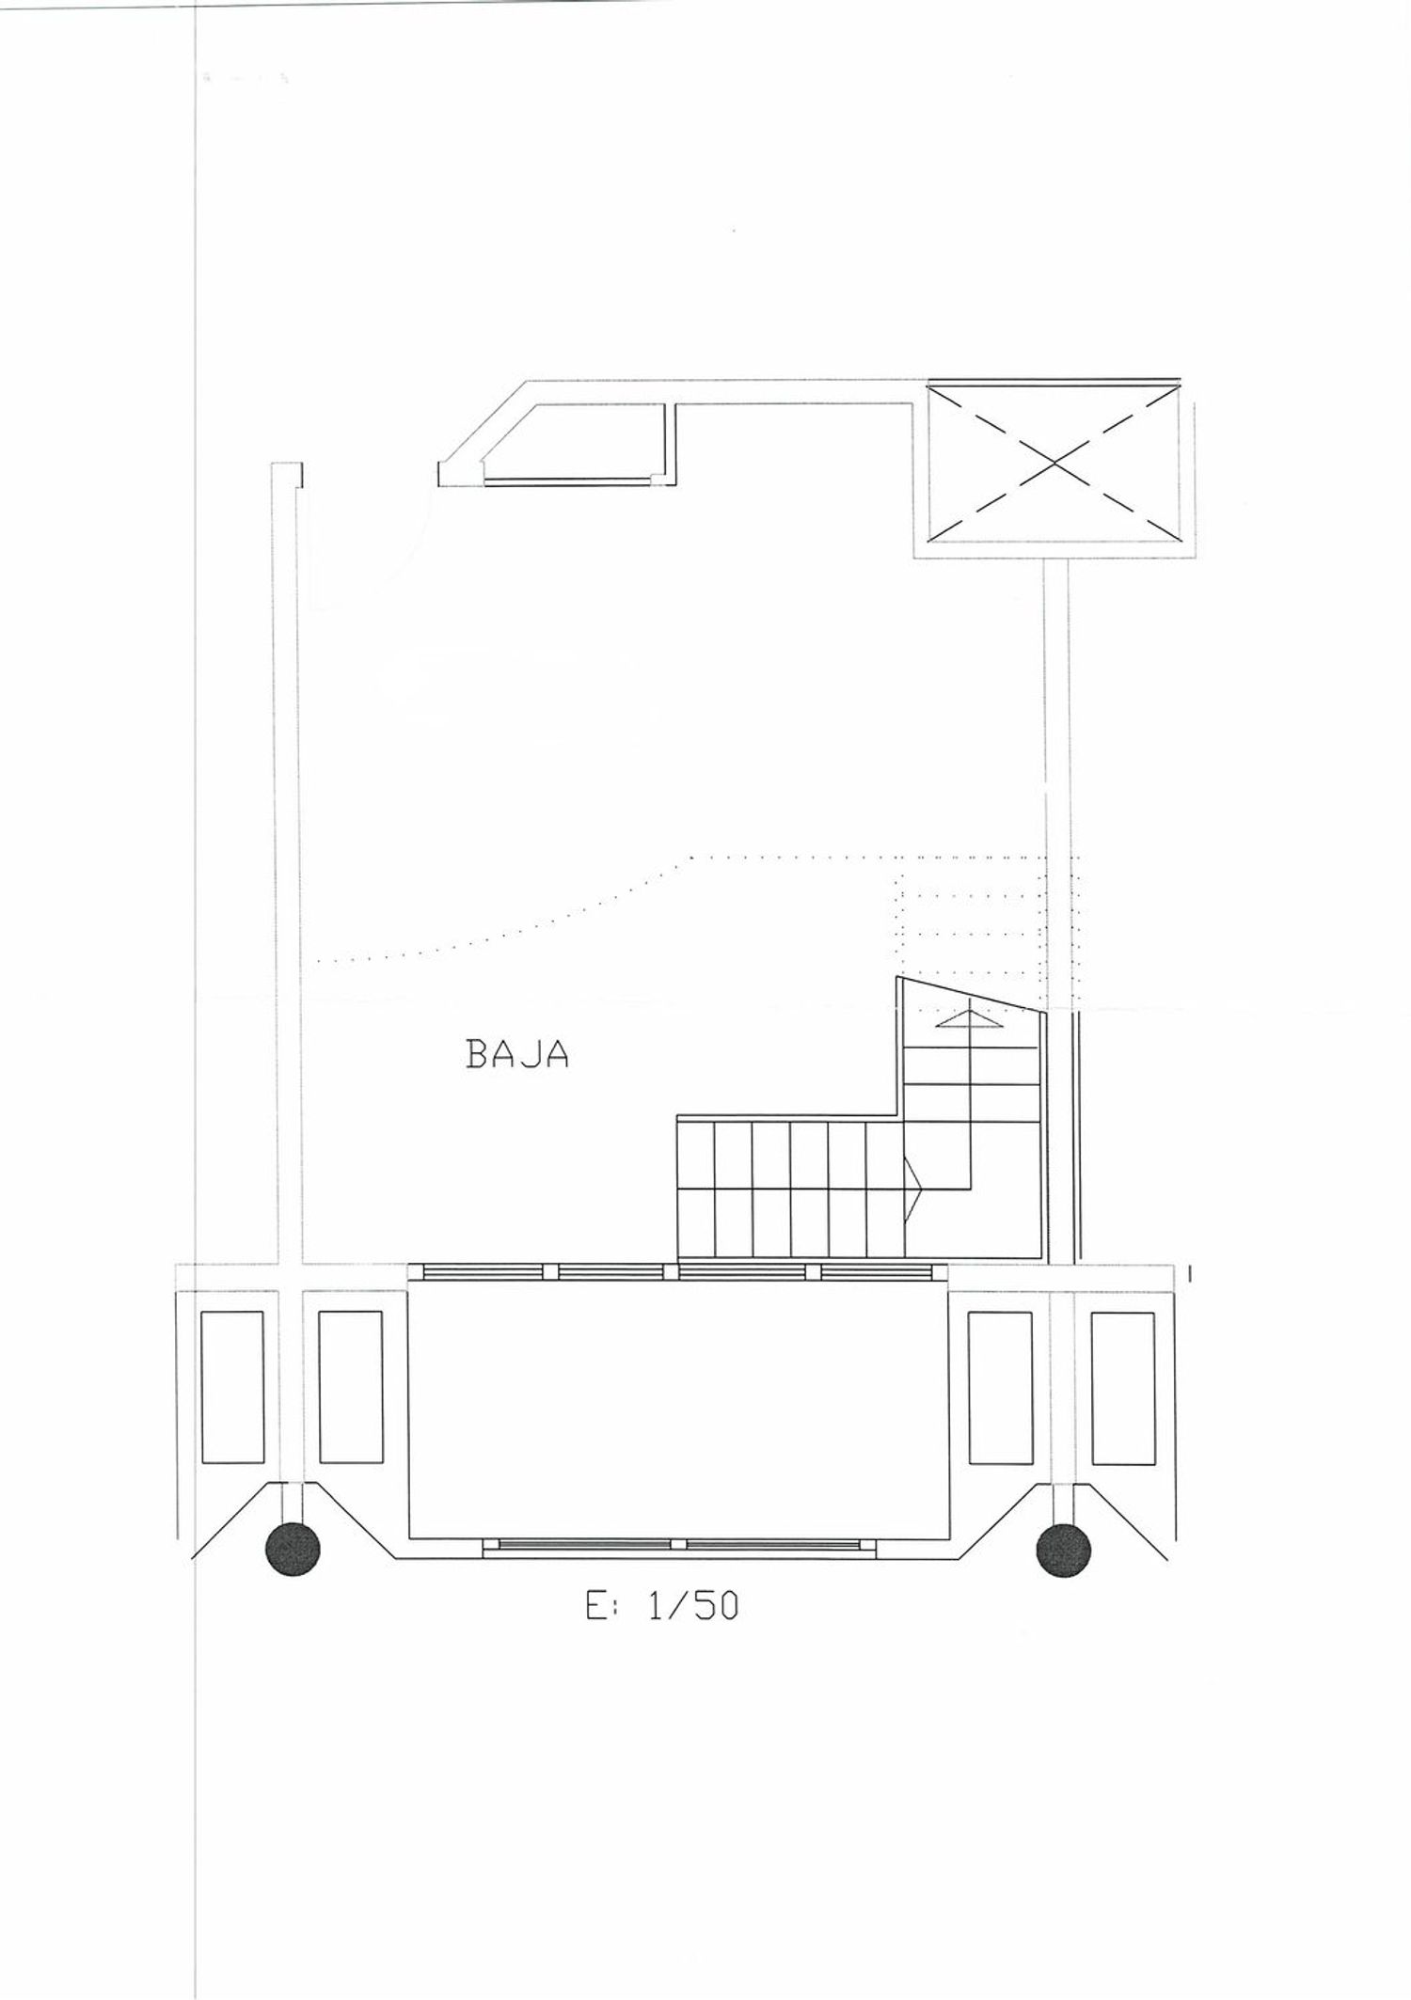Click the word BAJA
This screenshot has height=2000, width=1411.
coord(517,1054)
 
